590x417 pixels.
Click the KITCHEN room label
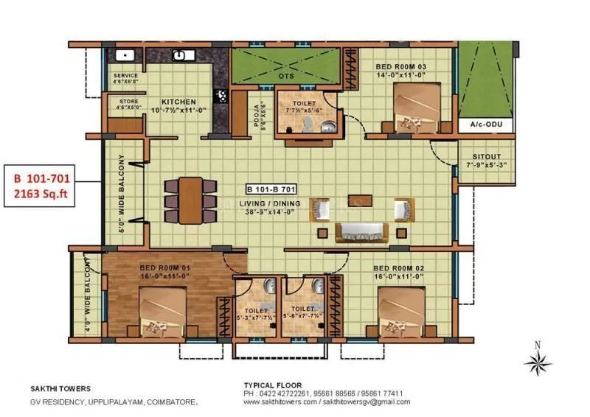[179, 102]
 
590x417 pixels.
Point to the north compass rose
[538, 362]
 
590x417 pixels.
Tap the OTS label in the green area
[286, 75]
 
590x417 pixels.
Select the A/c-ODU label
[485, 126]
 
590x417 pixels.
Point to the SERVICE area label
[126, 76]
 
